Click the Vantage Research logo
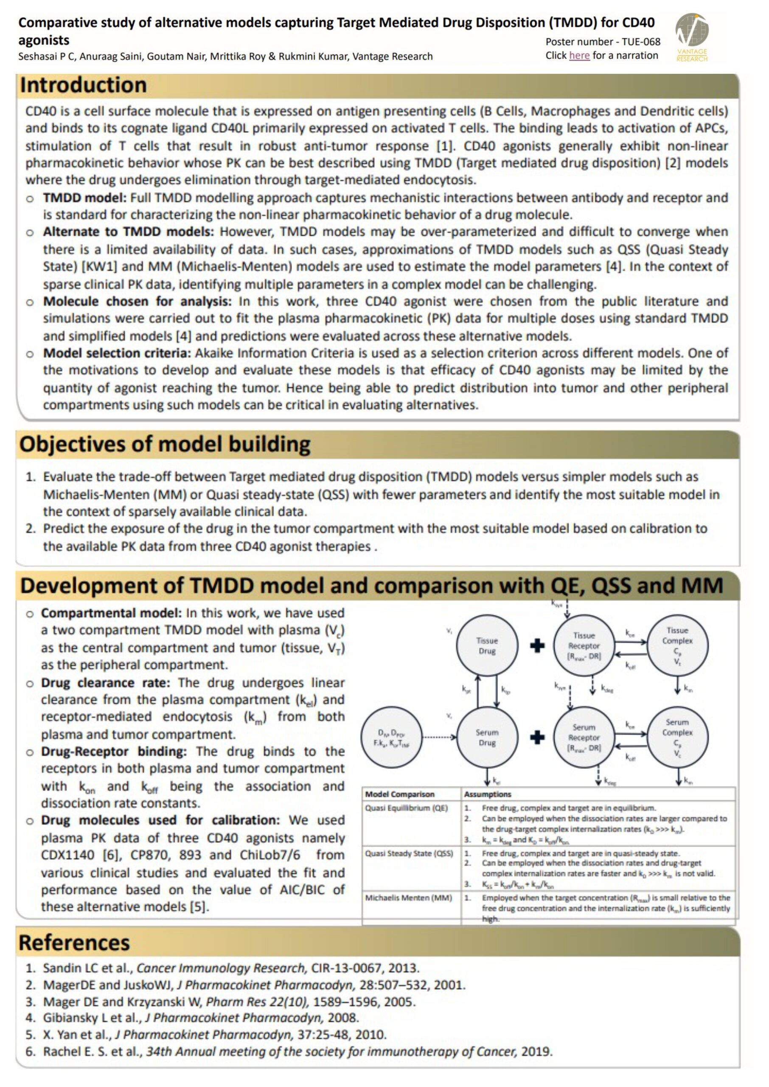(x=691, y=37)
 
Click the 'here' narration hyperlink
(x=579, y=56)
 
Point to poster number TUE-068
(x=603, y=42)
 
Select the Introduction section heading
(x=83, y=86)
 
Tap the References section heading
(x=74, y=943)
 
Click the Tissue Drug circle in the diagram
(x=486, y=645)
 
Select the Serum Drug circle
(x=486, y=738)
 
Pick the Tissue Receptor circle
(x=584, y=645)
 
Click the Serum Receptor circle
(x=584, y=738)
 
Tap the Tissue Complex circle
(x=677, y=645)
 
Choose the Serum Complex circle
(x=677, y=738)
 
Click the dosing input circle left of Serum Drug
(x=391, y=738)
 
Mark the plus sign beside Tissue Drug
(x=537, y=645)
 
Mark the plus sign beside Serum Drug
(x=537, y=738)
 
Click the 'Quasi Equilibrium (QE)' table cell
(x=406, y=808)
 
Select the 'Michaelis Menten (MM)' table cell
(x=408, y=898)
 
